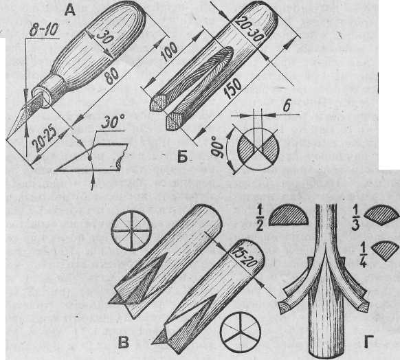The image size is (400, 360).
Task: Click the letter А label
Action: (69, 11)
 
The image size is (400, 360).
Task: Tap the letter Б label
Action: (182, 157)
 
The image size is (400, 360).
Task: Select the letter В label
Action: (124, 342)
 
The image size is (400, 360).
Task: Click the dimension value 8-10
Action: (43, 30)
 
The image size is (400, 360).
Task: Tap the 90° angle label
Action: (218, 147)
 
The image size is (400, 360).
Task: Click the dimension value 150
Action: (232, 89)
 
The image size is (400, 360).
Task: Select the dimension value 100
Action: (169, 52)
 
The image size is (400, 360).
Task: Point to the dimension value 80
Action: (112, 76)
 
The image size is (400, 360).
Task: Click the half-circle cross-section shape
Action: (289, 216)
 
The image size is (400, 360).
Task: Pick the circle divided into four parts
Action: (131, 231)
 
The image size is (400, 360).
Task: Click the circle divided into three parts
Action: (241, 333)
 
